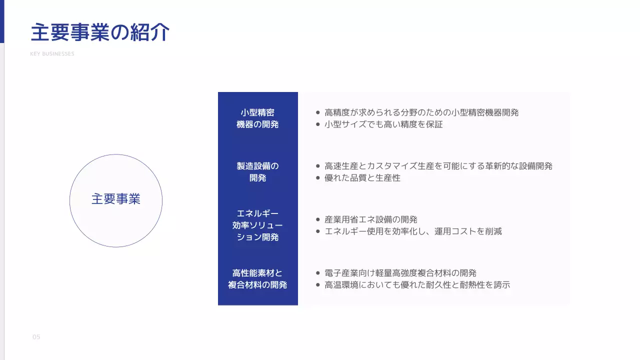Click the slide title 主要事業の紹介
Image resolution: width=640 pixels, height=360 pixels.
coord(100,32)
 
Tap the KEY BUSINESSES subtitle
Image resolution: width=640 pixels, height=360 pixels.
coord(52,54)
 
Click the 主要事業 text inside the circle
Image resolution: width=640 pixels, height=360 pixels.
coord(116,199)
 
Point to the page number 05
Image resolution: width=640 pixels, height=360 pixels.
coord(36,337)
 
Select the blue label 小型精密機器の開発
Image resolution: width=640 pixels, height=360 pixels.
coord(257,118)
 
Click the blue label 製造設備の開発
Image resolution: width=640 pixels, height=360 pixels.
coord(257,171)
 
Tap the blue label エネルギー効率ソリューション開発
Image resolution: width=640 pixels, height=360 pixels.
coord(257,225)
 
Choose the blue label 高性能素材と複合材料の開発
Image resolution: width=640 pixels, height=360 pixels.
coord(257,279)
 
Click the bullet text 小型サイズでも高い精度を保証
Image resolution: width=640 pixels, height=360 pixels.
coord(383,124)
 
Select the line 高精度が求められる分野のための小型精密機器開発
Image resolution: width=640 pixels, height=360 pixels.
coord(421,112)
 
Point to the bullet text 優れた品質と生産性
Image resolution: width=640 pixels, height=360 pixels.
coord(362,178)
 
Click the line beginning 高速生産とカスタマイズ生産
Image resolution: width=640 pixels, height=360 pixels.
coord(438,166)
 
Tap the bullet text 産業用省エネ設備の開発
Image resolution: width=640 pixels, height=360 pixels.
coord(371,219)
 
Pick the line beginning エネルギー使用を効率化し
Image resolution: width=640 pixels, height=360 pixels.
coord(413,231)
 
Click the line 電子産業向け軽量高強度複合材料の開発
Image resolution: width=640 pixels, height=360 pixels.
coord(400,273)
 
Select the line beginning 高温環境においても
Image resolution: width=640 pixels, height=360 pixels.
coord(417,285)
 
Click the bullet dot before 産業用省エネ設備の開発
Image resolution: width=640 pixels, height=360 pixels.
coord(318,219)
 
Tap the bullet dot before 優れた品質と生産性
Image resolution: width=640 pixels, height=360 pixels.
coord(318,178)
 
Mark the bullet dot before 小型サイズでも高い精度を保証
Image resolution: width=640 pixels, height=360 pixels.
coord(318,124)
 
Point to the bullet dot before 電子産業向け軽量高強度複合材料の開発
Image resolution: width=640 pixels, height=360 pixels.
coord(318,273)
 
